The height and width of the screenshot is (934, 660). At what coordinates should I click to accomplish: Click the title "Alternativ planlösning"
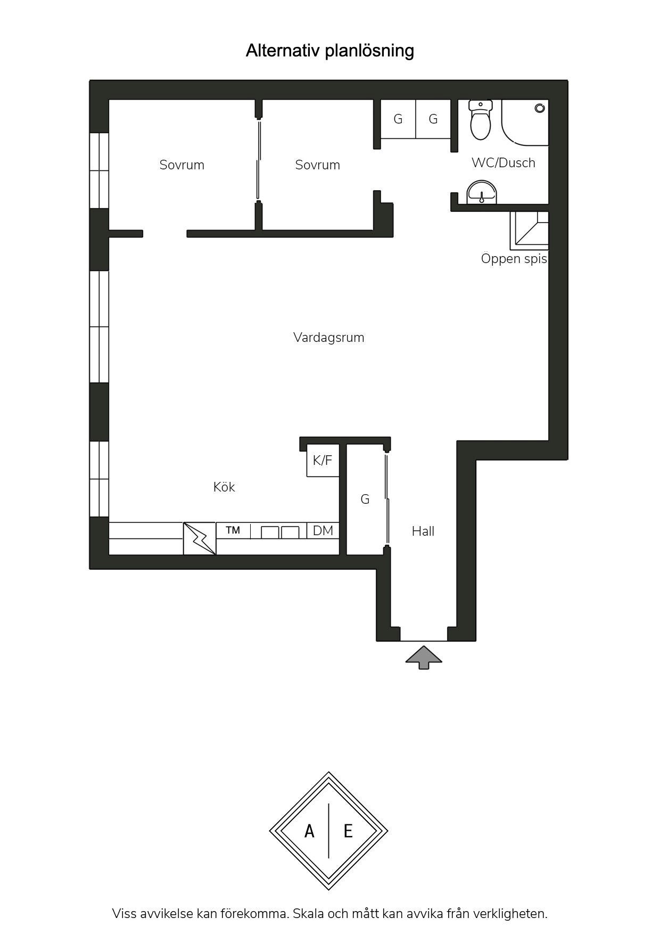pyautogui.click(x=329, y=51)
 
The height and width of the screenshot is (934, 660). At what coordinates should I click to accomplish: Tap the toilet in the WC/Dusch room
pyautogui.click(x=481, y=120)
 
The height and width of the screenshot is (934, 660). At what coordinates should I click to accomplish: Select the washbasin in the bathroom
pyautogui.click(x=482, y=192)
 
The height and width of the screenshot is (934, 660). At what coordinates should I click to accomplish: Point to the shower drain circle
pyautogui.click(x=540, y=108)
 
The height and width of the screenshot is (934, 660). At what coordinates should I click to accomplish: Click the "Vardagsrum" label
pyautogui.click(x=329, y=338)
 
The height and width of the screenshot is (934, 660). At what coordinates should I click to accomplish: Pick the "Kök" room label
pyautogui.click(x=224, y=487)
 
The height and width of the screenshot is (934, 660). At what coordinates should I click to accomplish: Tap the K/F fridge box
pyautogui.click(x=323, y=461)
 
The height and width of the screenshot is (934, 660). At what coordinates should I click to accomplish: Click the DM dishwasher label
pyautogui.click(x=323, y=530)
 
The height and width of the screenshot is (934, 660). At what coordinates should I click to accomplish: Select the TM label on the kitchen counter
pyautogui.click(x=233, y=530)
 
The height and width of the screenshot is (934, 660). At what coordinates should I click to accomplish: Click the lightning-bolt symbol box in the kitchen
pyautogui.click(x=200, y=538)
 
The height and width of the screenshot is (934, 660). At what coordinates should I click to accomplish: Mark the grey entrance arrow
pyautogui.click(x=424, y=657)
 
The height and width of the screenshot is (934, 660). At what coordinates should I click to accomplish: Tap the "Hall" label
pyautogui.click(x=423, y=531)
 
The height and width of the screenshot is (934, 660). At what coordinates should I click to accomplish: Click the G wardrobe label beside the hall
pyautogui.click(x=365, y=499)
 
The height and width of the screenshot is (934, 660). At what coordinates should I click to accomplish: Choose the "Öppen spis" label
pyautogui.click(x=514, y=259)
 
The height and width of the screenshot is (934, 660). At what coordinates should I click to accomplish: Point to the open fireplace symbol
pyautogui.click(x=529, y=231)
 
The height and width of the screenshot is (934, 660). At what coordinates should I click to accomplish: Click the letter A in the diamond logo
pyautogui.click(x=309, y=831)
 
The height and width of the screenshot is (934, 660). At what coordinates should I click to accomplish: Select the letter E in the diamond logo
pyautogui.click(x=348, y=831)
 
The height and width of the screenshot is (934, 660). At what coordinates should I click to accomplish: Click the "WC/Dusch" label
pyautogui.click(x=504, y=163)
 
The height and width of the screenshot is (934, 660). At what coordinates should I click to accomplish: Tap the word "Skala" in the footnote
pyautogui.click(x=308, y=914)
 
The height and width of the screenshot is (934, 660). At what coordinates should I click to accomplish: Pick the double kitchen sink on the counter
pyautogui.click(x=280, y=532)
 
